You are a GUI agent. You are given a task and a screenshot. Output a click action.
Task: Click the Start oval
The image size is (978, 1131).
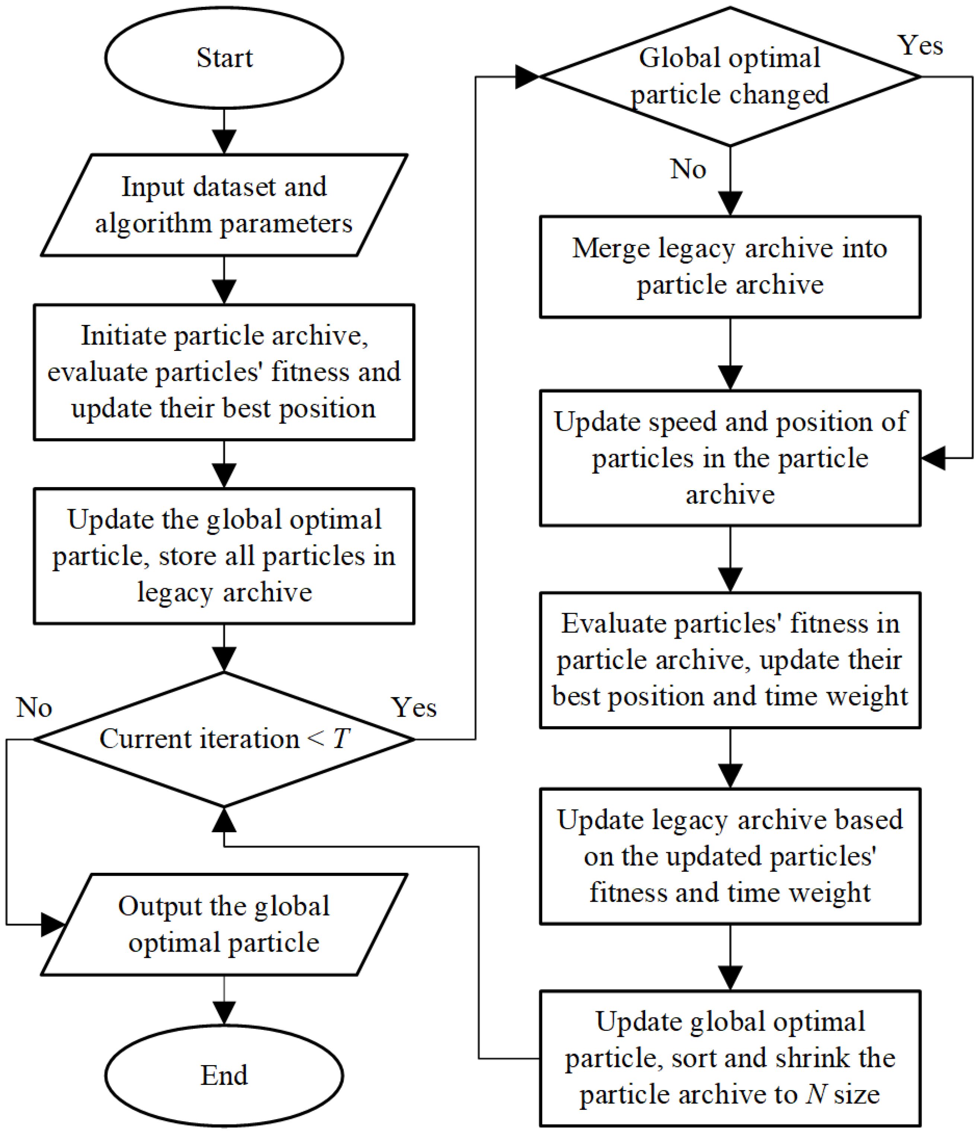point(224,58)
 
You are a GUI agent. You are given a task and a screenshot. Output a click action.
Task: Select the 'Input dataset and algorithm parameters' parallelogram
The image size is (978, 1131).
point(224,205)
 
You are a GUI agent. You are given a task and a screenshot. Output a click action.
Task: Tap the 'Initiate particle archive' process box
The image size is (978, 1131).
point(224,372)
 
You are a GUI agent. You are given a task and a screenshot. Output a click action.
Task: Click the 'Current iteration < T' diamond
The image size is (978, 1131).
point(224,739)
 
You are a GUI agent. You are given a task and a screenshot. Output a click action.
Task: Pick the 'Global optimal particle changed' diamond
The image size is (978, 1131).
point(730,76)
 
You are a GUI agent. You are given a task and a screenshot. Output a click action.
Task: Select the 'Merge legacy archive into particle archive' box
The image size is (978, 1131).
point(730,266)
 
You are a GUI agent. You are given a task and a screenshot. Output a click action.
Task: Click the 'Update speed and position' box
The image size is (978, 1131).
point(730,458)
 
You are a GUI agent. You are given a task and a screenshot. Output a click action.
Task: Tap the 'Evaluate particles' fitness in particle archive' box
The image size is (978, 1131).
point(730,660)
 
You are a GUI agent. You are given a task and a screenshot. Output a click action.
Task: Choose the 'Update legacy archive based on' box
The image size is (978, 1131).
point(730,856)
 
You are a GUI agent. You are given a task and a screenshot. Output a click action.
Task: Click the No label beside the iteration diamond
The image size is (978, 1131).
point(34,707)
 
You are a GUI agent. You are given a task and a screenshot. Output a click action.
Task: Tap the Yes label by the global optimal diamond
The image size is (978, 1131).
point(921,45)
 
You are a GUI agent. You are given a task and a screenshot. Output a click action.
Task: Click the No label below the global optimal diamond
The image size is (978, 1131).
point(688,169)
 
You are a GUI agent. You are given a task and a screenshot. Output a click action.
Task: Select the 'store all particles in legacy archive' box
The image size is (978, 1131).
point(224,556)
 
